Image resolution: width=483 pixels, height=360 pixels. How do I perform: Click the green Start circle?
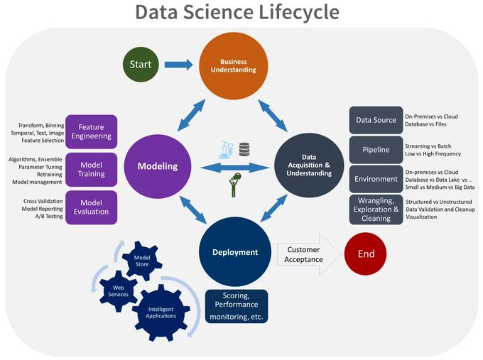(140, 65)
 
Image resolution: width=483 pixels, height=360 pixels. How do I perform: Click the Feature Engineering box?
(92, 131)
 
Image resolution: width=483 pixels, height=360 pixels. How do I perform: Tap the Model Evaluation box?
(92, 207)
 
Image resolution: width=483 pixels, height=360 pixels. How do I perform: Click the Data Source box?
(376, 120)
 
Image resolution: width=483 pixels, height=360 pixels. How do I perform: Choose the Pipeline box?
(376, 150)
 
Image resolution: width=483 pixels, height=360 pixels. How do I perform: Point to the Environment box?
(376, 179)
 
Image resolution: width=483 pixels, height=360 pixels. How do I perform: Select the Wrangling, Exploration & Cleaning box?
(376, 209)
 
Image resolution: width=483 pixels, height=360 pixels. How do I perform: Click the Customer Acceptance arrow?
(305, 253)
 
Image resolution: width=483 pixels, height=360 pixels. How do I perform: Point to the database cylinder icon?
(245, 149)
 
